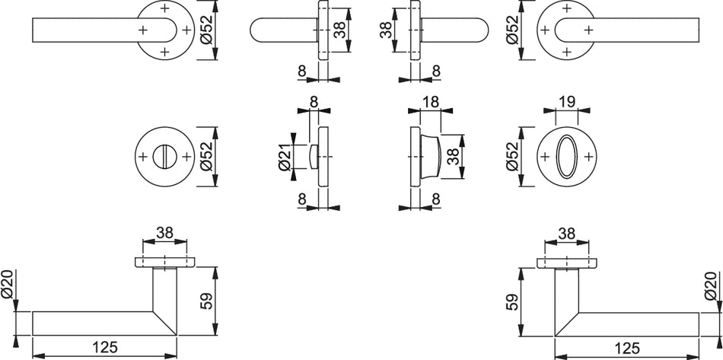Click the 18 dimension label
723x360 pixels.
pyautogui.click(x=430, y=102)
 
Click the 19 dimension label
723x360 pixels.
pyautogui.click(x=567, y=102)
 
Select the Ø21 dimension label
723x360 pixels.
pyautogui.click(x=285, y=157)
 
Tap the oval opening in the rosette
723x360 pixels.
pyautogui.click(x=567, y=157)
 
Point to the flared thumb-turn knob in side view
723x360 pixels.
pyautogui.click(x=430, y=157)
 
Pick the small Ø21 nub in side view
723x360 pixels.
pyautogui.click(x=314, y=157)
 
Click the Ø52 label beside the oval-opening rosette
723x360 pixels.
pyautogui.click(x=513, y=157)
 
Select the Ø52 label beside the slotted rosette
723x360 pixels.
pyautogui.click(x=207, y=157)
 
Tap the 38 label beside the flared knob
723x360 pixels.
pyautogui.click(x=454, y=157)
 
